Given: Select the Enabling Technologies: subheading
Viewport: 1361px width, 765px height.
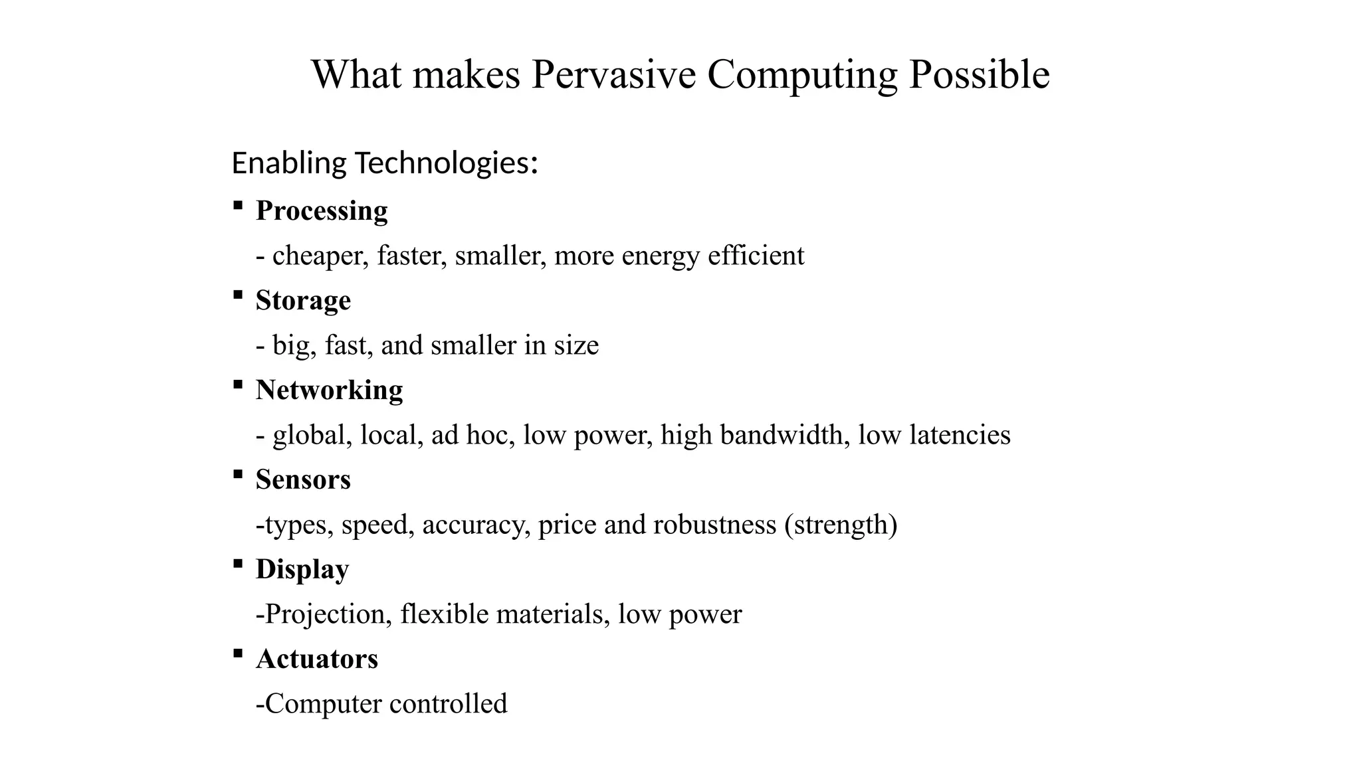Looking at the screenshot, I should coord(384,163).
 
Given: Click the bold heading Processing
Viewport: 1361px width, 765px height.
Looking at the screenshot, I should coord(322,211).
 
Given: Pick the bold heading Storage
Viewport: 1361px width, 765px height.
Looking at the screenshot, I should coord(303,301).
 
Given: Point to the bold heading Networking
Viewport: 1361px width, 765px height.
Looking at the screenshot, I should coord(329,390).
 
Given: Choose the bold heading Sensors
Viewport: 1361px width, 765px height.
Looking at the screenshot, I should coord(303,480).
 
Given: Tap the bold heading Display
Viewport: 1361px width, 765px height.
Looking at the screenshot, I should coord(302,570).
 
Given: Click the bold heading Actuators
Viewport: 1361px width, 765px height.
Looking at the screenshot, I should coord(317,659).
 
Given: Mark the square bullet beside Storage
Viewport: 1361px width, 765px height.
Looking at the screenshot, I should coord(237,295).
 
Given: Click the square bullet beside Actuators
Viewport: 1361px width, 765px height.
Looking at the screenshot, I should coord(237,653).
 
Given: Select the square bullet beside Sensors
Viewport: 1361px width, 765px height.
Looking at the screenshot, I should coord(237,474).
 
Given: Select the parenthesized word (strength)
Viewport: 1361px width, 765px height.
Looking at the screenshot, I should coord(841,525).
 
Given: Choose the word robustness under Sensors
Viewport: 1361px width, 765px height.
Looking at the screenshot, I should coord(714,525).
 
